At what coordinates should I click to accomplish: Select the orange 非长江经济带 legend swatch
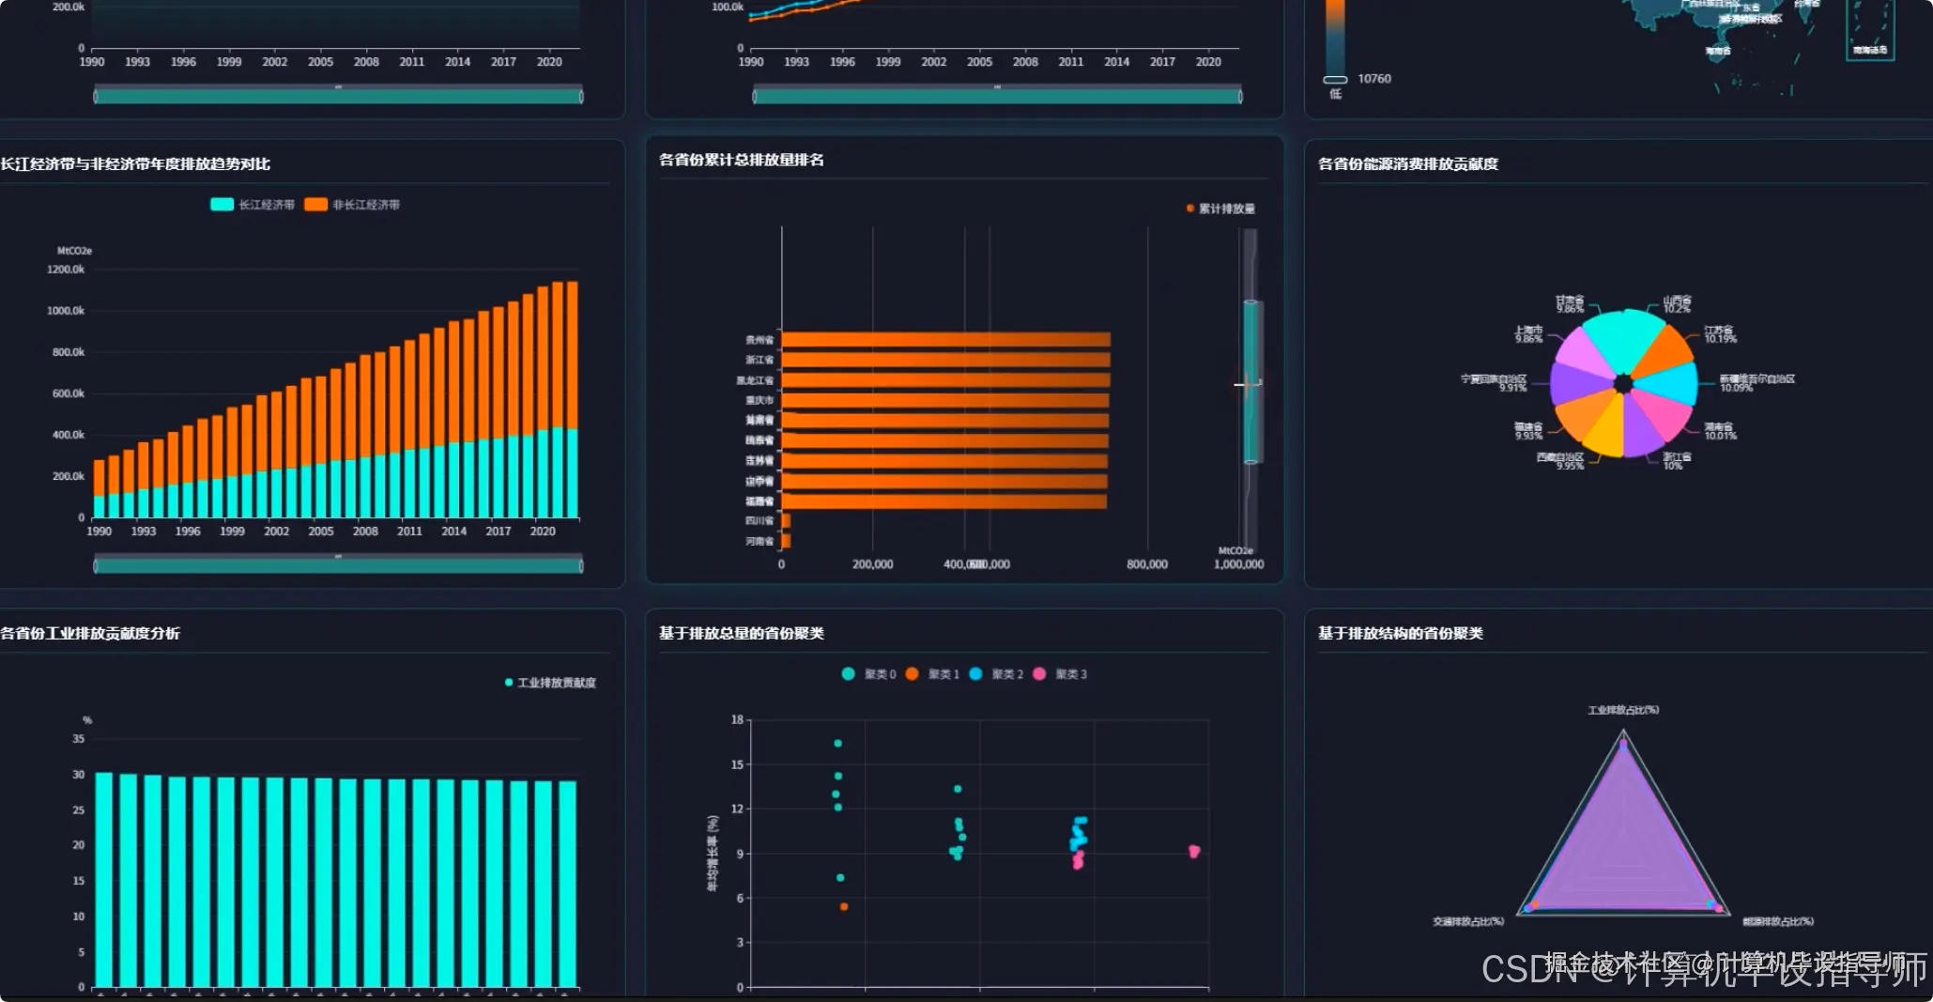[315, 205]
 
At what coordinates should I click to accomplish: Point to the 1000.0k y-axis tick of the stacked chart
[66, 311]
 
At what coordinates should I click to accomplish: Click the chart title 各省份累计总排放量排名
[742, 160]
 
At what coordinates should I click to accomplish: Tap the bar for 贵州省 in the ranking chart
[945, 340]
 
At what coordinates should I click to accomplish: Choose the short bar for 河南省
[786, 541]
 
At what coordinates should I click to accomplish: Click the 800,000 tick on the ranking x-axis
[1147, 564]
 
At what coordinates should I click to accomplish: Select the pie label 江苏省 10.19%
[1720, 334]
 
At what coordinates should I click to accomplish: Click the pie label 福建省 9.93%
[1528, 431]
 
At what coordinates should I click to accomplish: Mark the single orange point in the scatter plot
[844, 906]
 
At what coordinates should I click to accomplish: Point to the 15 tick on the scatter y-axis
[738, 764]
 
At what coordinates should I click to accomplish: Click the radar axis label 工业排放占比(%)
[1623, 710]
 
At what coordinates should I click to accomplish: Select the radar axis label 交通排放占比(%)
[1468, 921]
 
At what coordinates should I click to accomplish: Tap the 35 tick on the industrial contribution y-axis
[79, 739]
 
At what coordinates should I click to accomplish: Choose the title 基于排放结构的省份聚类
[1400, 633]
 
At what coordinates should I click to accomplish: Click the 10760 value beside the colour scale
[1374, 79]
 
